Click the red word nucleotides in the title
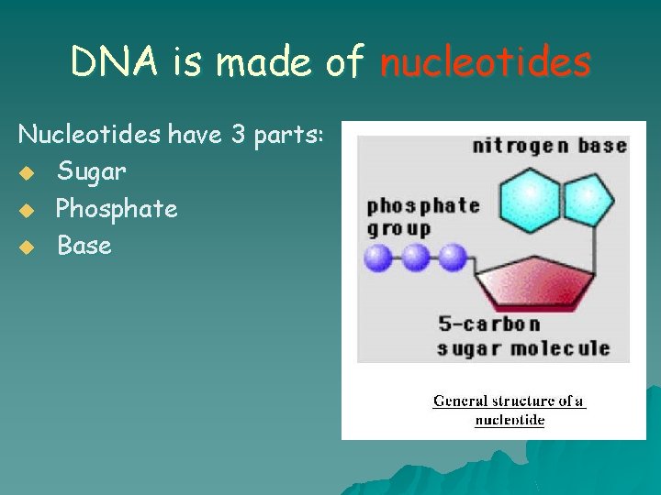click(x=485, y=62)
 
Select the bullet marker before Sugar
click(x=28, y=172)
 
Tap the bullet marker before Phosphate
click(x=28, y=210)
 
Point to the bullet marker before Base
click(x=28, y=247)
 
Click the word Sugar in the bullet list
click(x=92, y=171)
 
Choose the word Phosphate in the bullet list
click(x=117, y=209)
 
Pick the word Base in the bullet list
click(x=84, y=246)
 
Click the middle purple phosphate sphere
click(x=415, y=258)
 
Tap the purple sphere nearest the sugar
click(x=451, y=258)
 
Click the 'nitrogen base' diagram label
click(x=549, y=146)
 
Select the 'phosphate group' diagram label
click(x=422, y=216)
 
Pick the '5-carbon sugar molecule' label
click(x=522, y=336)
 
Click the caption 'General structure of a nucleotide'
click(x=509, y=410)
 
